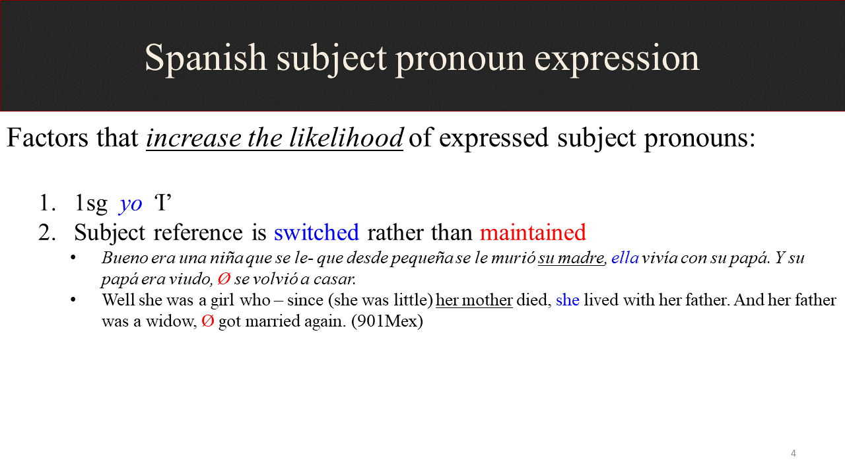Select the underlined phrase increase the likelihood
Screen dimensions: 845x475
(x=275, y=138)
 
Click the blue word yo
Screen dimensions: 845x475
(x=131, y=205)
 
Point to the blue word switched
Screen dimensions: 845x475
(x=316, y=232)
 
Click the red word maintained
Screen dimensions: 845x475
(x=533, y=232)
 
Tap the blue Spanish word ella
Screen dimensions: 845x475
(x=625, y=258)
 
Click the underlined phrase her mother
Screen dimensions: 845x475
(x=474, y=300)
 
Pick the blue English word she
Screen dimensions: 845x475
(x=567, y=300)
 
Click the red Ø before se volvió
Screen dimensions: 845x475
(x=224, y=279)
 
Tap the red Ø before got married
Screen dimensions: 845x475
(x=208, y=321)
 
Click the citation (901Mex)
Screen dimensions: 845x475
(x=387, y=321)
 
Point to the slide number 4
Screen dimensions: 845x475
(x=794, y=453)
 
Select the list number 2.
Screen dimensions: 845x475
(x=47, y=232)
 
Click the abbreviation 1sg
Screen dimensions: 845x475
(x=91, y=204)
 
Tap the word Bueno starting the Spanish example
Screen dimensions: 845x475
(x=125, y=258)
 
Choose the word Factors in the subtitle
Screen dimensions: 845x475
(x=47, y=138)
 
